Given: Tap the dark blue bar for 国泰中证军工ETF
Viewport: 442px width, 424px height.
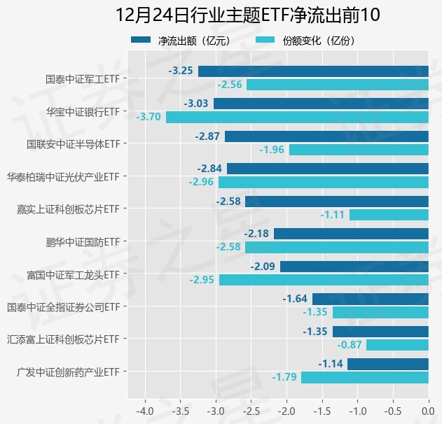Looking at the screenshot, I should point(313,71).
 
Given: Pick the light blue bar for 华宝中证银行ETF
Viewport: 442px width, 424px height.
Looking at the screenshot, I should point(297,117).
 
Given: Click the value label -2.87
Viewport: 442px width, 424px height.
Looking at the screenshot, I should point(207,136).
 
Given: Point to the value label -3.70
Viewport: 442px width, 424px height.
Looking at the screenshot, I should point(149,117).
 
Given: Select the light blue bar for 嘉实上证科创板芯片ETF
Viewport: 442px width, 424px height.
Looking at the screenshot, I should point(389,215).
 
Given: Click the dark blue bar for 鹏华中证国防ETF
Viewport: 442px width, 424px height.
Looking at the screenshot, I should point(351,234).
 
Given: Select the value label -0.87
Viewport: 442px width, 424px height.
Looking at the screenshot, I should point(350,345).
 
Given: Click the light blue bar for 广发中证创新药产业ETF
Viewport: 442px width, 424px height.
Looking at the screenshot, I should point(364,377).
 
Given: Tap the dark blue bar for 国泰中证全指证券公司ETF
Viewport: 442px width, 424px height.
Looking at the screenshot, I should point(370,299).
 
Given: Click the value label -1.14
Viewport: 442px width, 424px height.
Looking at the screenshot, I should point(330,364).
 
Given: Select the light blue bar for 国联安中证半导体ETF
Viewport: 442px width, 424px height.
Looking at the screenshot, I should point(359,150).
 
